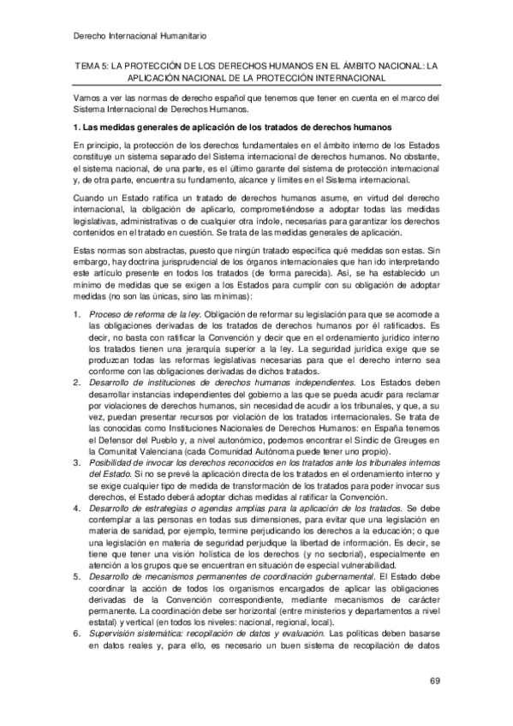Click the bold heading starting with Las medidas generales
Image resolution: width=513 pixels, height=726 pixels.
click(233, 127)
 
